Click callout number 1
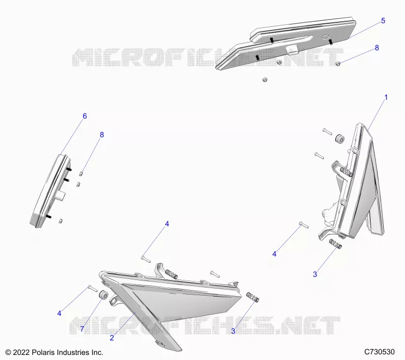pos(386,97)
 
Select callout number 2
pos(111,338)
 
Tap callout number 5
pos(383,21)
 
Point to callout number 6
pos(85,116)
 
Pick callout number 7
pos(82,329)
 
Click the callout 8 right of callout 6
pos(102,135)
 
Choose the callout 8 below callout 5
pos(377,48)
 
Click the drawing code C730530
pos(379,352)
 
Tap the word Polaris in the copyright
pos(43,352)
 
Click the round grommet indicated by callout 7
pos(103,295)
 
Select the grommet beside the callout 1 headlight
pos(340,138)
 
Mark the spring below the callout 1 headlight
pos(336,244)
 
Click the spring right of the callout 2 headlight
pos(253,297)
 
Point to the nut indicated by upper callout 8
pos(338,63)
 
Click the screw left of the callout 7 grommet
pos(93,288)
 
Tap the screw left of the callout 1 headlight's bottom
pos(304,225)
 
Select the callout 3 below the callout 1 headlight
pos(315,274)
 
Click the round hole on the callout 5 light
pos(325,37)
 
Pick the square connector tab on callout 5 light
pos(292,49)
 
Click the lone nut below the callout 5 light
pos(264,79)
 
